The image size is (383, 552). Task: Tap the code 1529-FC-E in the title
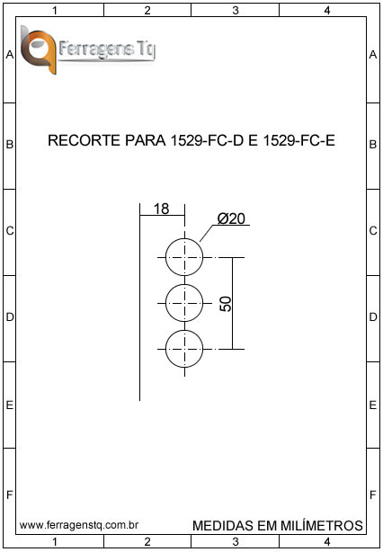[298, 140]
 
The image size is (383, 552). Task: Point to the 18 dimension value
[162, 209]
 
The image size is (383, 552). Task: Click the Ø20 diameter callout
[231, 218]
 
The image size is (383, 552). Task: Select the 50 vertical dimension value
[226, 304]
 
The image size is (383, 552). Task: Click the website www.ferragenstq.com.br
[79, 525]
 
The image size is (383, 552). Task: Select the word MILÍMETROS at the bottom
[322, 526]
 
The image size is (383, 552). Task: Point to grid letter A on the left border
[10, 55]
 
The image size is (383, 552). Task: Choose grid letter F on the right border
[373, 495]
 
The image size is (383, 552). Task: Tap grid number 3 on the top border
[236, 11]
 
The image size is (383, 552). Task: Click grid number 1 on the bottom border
[55, 541]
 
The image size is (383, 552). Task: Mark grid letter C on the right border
[373, 231]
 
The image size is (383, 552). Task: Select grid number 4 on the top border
[327, 11]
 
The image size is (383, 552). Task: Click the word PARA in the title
[146, 140]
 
